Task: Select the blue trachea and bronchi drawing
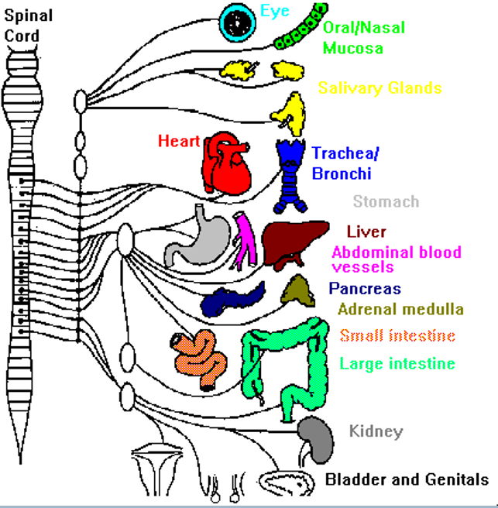click(292, 174)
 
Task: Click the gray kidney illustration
click(317, 439)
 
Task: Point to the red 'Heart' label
click(179, 141)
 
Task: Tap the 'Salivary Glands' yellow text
click(380, 88)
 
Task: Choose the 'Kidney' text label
click(376, 431)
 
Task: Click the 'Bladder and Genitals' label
click(407, 479)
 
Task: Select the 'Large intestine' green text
click(397, 363)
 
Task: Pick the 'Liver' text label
click(366, 232)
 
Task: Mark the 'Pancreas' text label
click(365, 289)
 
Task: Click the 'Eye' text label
click(275, 11)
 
